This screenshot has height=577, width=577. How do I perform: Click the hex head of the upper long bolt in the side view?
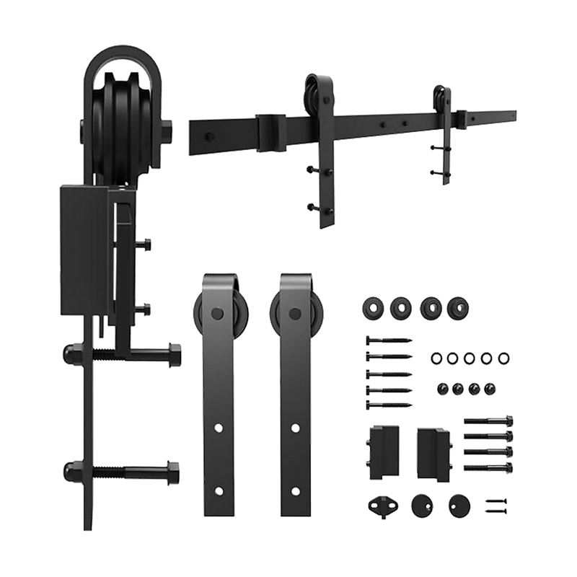pos(174,354)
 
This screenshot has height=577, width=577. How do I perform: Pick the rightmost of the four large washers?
pos(455,308)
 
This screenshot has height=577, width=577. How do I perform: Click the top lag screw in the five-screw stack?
pos(389,338)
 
